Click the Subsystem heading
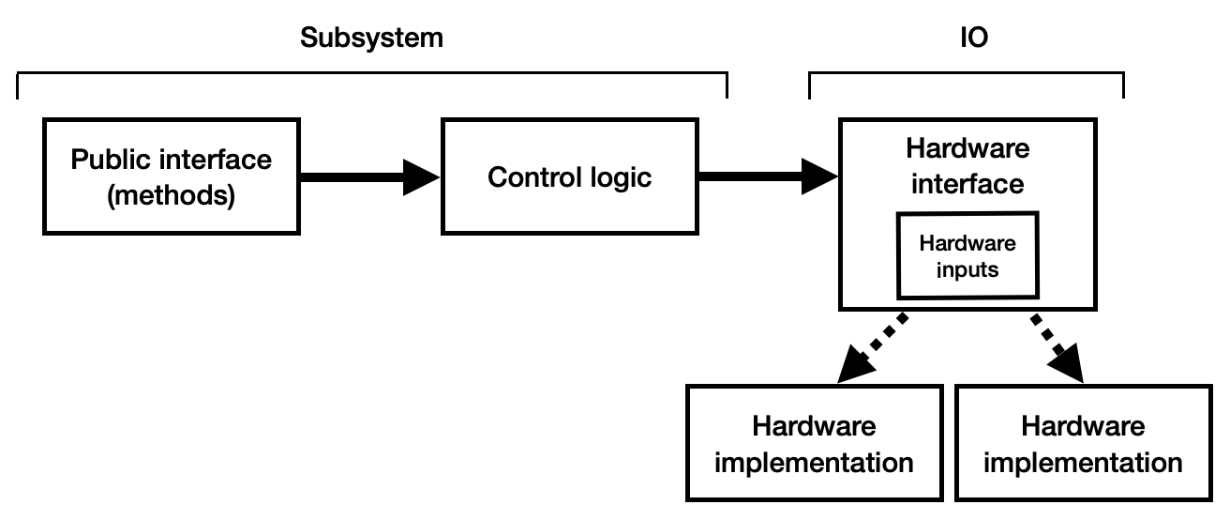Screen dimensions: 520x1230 (x=370, y=38)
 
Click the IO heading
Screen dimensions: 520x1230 (x=974, y=38)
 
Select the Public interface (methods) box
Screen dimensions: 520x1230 (x=171, y=176)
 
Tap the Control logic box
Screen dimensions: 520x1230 (x=569, y=176)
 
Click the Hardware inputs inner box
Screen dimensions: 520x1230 (x=967, y=256)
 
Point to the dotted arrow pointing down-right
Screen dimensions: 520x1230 (x=1057, y=346)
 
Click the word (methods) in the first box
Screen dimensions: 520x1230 (x=171, y=196)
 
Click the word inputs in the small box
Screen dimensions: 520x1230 (x=967, y=268)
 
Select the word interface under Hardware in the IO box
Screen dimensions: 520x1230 (x=967, y=184)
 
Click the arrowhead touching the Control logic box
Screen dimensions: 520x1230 (x=422, y=176)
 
